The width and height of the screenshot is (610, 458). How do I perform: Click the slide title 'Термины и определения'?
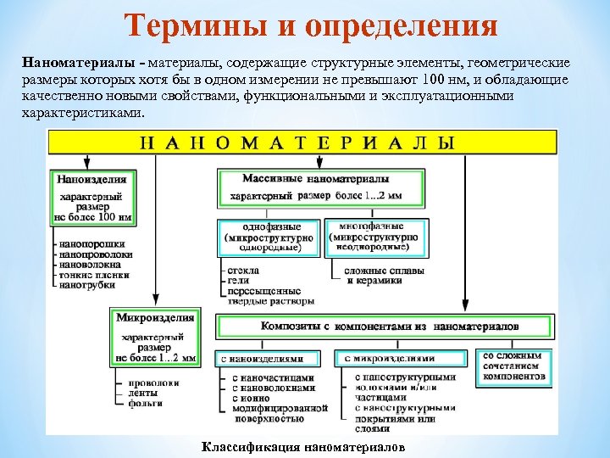(313, 26)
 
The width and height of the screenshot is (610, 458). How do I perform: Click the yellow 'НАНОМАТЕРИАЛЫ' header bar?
(302, 142)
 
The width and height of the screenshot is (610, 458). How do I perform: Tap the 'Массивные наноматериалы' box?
(316, 188)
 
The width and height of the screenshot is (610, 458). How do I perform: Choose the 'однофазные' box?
(269, 237)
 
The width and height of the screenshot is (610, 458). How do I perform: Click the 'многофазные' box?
(374, 237)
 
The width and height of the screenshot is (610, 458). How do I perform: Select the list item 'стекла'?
(242, 270)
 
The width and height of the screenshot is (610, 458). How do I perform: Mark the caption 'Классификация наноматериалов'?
(303, 446)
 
